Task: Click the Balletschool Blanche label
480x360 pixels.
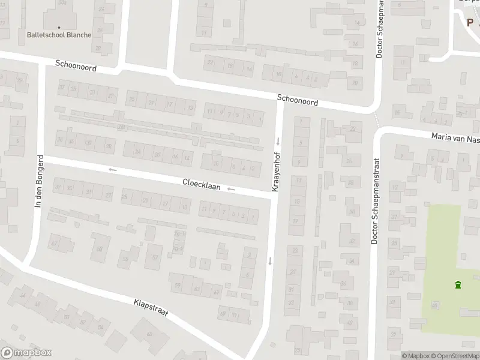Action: point(59,35)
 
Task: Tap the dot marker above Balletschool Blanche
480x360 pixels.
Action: point(59,27)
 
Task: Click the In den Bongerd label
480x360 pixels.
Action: point(40,182)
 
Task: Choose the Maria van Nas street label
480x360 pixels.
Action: point(455,138)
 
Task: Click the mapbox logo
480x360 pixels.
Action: point(26,353)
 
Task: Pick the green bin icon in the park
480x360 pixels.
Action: point(458,285)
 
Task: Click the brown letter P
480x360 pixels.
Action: point(470,22)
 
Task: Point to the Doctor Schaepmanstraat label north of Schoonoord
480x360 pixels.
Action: point(379,30)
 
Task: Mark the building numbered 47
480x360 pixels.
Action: point(55,243)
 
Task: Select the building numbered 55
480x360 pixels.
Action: point(125,259)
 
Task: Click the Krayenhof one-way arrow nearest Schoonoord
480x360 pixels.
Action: point(278,142)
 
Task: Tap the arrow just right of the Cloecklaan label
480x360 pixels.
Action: point(231,190)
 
